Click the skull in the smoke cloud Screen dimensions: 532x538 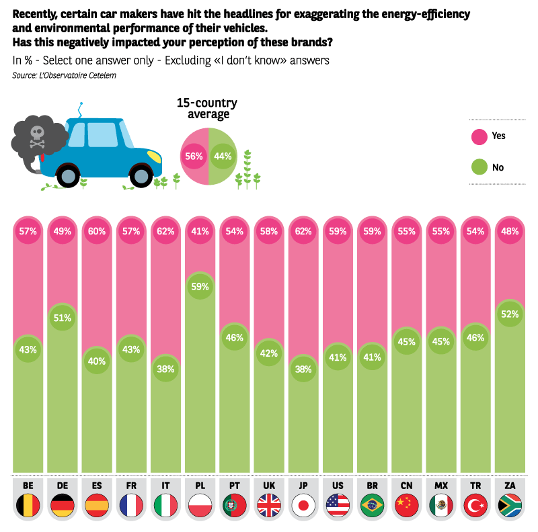click(37, 134)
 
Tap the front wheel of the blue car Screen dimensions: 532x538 click(141, 175)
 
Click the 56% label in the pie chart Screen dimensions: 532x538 click(194, 157)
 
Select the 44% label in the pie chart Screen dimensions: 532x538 click(222, 157)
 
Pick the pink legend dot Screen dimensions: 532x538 click(479, 137)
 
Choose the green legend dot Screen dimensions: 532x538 click(479, 166)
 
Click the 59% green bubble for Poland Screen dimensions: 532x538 click(200, 286)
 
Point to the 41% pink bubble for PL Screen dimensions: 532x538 click(200, 231)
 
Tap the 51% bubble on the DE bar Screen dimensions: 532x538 click(63, 318)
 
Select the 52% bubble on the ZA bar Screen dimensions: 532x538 click(510, 314)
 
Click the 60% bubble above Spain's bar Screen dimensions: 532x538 click(97, 231)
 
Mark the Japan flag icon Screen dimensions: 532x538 click(303, 505)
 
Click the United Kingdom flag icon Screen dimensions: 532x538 click(269, 505)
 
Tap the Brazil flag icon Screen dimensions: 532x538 click(372, 505)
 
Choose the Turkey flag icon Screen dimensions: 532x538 click(475, 505)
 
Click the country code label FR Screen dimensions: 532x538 click(131, 485)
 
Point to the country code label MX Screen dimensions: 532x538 click(441, 485)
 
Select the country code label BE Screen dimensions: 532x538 click(28, 485)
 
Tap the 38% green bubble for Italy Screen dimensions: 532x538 click(165, 369)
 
